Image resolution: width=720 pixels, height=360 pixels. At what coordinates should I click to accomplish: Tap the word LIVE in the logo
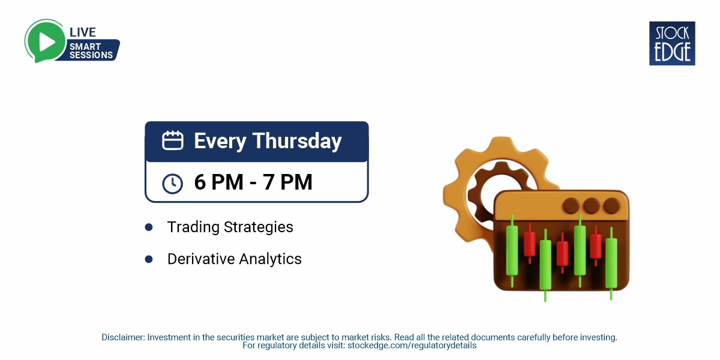(x=83, y=32)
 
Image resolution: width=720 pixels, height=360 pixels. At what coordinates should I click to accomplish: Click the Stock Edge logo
(x=672, y=43)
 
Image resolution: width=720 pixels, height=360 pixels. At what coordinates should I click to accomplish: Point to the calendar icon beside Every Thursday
(x=173, y=141)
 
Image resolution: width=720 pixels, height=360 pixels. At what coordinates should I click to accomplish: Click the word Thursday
(x=297, y=141)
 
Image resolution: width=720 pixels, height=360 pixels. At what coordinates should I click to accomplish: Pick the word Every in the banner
(x=220, y=141)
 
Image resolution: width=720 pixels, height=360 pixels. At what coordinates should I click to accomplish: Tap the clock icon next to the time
(x=173, y=183)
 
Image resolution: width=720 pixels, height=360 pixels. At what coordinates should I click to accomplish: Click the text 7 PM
(x=288, y=182)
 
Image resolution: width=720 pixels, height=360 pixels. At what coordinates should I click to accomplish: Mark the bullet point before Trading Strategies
(x=149, y=227)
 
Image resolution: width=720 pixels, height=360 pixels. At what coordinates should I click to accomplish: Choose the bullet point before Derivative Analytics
(x=149, y=259)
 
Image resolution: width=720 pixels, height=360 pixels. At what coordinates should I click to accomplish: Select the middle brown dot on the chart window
(x=592, y=206)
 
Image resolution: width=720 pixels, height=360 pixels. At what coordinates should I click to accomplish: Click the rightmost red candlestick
(x=595, y=246)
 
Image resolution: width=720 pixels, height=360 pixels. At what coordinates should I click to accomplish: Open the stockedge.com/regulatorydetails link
(x=412, y=346)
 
